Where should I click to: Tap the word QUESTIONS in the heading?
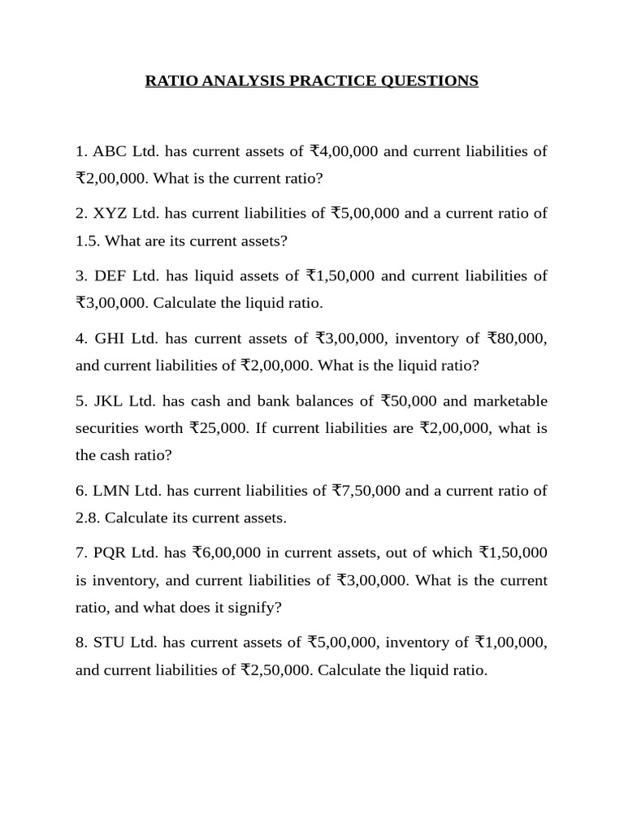pyautogui.click(x=428, y=81)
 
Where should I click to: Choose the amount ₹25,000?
pyautogui.click(x=219, y=428)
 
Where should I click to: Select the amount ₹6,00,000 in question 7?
pyautogui.click(x=227, y=553)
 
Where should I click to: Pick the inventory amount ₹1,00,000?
pyautogui.click(x=511, y=643)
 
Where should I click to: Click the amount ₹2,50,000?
pyautogui.click(x=275, y=671)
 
